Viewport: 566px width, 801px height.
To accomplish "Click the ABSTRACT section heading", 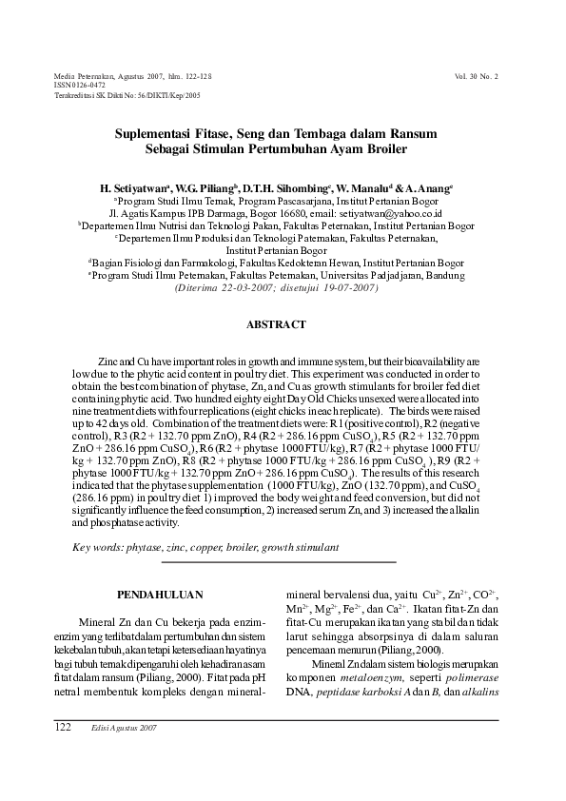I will (276, 325).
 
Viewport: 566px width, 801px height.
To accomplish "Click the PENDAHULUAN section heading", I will (159, 595).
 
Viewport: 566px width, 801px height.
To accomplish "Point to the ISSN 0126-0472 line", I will (79, 85).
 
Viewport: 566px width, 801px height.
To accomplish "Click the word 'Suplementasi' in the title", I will (157, 135).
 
